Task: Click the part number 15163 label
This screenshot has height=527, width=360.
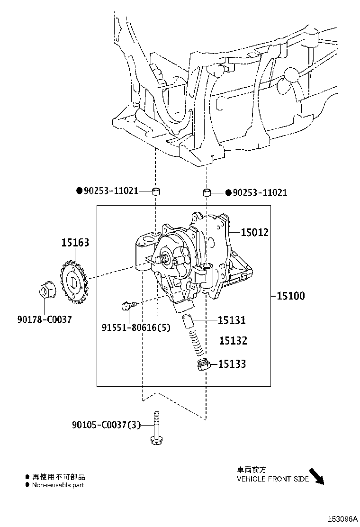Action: pyautogui.click(x=75, y=242)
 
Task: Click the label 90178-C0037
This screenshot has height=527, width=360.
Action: pyautogui.click(x=45, y=319)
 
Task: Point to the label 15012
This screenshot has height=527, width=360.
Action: pyautogui.click(x=254, y=232)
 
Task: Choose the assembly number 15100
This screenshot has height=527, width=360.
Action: pyautogui.click(x=290, y=296)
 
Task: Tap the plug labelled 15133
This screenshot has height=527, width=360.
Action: pyautogui.click(x=203, y=364)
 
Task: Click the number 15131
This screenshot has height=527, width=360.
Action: pyautogui.click(x=232, y=320)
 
